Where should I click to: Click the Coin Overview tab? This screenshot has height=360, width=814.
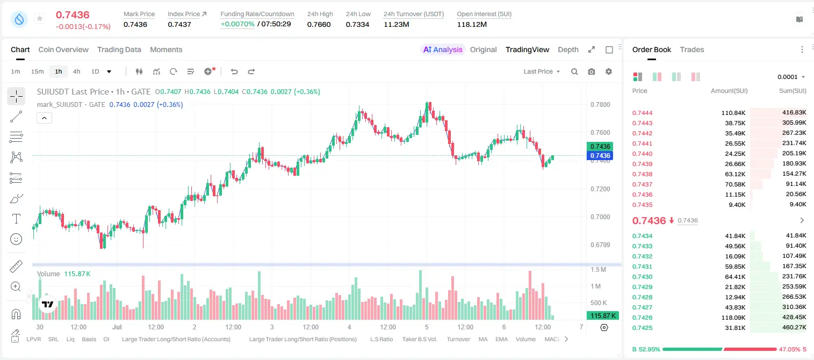tap(63, 49)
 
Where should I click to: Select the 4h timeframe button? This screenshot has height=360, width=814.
tap(76, 71)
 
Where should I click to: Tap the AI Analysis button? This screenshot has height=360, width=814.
tap(443, 49)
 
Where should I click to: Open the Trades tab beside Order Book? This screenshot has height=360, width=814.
tap(692, 49)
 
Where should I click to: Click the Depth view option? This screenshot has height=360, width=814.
tap(568, 49)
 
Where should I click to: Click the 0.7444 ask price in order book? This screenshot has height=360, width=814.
tap(642, 113)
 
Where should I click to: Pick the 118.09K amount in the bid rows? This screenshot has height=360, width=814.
tap(733, 318)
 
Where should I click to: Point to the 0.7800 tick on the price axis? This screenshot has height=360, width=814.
tap(600, 105)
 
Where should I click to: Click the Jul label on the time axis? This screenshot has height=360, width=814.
tap(117, 327)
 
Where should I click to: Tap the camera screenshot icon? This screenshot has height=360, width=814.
tap(592, 71)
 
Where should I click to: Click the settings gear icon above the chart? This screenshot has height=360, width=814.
tap(609, 71)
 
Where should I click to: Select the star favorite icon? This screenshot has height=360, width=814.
tap(40, 18)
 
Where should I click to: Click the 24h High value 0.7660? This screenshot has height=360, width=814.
tap(319, 24)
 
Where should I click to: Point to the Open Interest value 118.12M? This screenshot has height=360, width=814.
tap(472, 24)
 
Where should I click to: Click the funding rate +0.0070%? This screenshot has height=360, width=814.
tap(237, 24)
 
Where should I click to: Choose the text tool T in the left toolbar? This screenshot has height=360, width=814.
tap(16, 219)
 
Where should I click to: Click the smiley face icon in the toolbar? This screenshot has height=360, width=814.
tap(16, 239)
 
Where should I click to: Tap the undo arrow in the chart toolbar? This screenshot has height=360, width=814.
tap(234, 71)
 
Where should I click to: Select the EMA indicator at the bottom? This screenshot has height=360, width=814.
tap(501, 339)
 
